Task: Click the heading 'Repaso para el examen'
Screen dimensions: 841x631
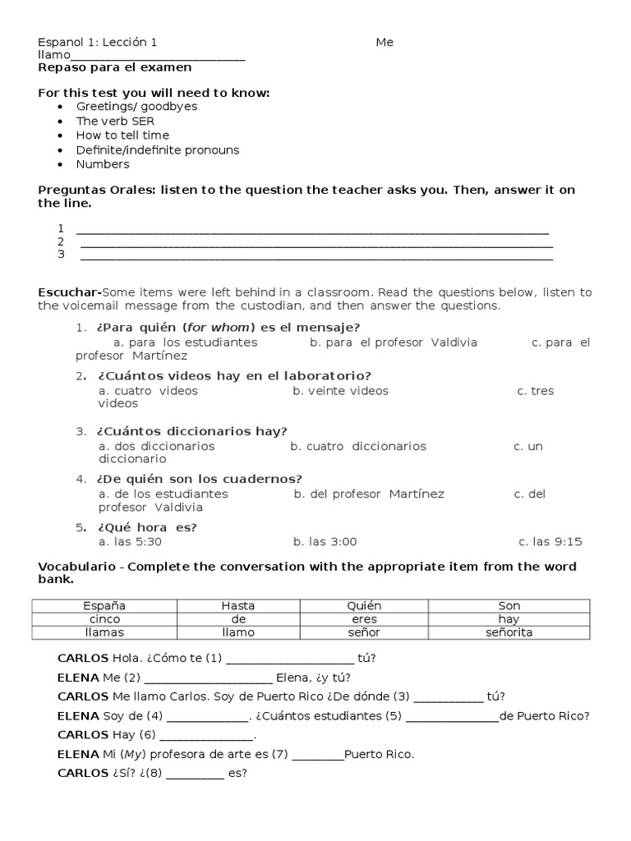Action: pos(115,67)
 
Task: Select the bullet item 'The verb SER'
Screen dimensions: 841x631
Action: pos(115,121)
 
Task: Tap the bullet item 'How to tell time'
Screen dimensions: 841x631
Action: pos(122,136)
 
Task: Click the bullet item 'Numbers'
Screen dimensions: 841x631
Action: pos(103,164)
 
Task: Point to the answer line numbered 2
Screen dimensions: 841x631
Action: pos(316,243)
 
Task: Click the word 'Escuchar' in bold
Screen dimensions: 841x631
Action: pos(68,292)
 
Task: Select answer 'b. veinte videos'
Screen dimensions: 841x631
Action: pos(340,391)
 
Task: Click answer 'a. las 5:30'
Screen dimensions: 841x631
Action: pos(130,542)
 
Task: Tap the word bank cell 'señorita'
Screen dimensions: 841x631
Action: pos(509,632)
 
